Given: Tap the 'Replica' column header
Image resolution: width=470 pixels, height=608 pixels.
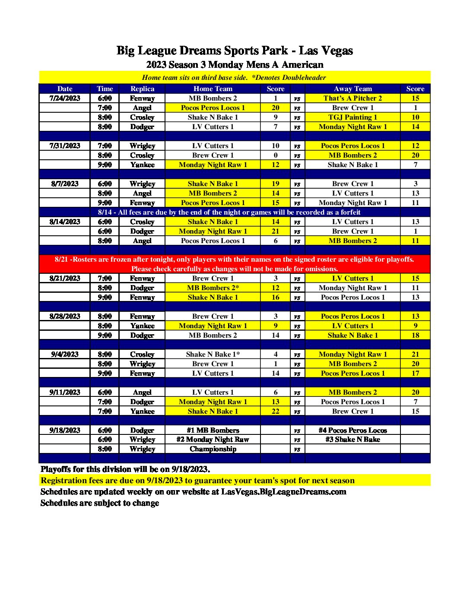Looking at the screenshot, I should click(142, 89).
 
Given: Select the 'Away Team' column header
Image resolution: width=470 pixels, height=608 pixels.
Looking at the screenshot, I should click(352, 89).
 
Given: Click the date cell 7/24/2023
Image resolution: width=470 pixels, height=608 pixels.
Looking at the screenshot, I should click(65, 98).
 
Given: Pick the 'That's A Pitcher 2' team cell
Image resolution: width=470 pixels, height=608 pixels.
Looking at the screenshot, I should click(352, 98).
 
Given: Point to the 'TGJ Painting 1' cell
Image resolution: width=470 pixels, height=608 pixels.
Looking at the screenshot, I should click(352, 117).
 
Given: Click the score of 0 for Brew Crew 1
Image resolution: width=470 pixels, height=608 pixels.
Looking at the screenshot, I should click(276, 155).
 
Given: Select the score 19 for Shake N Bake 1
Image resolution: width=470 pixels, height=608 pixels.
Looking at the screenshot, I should click(276, 184).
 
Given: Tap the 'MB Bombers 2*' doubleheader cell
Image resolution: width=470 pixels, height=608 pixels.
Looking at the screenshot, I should click(213, 288).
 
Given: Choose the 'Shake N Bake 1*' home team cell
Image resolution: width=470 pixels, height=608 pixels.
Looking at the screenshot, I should click(213, 354).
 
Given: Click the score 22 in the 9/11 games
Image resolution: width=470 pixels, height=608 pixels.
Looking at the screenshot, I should click(276, 411).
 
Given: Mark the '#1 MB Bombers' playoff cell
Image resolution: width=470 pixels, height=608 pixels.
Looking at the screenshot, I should click(213, 430).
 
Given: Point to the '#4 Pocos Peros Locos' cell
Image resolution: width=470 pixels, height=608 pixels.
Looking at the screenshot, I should click(352, 430).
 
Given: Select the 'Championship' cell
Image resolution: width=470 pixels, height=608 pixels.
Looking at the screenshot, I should click(213, 449).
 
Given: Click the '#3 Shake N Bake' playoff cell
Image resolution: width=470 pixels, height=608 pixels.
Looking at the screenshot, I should click(352, 439).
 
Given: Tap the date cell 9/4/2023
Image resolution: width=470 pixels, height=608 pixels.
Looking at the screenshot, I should click(65, 354).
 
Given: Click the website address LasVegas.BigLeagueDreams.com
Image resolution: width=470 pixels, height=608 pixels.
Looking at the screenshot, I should click(283, 491).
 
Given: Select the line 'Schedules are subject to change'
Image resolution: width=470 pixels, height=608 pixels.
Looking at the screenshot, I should click(100, 503).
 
